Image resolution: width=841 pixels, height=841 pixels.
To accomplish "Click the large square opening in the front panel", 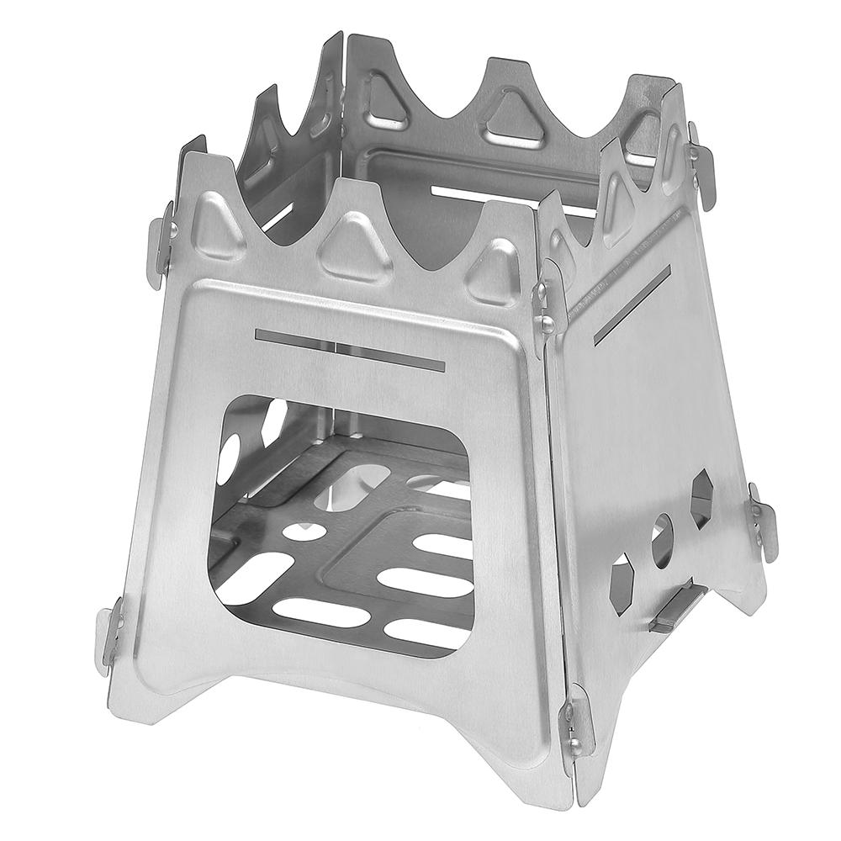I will click(341, 521).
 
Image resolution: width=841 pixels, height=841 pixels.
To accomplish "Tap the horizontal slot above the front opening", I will click(349, 349).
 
